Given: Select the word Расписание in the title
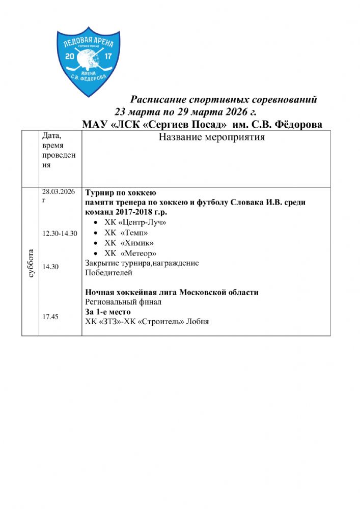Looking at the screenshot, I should pos(155,99).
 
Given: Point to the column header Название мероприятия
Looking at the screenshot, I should pos(211,137).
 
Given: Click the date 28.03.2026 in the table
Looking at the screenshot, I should pos(58,191).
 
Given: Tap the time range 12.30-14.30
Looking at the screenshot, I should pos(60,233).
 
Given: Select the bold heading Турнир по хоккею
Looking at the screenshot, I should pos(120,193).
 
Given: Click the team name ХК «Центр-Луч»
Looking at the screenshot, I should pos(135,222).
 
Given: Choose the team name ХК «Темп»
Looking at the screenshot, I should pos(126,233).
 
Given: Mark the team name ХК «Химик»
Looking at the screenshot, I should pos(129,243).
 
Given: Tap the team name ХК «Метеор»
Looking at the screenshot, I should pos(130,253).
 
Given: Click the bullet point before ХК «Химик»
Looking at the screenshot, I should pos(97,243).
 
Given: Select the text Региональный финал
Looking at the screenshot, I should pos(123,302).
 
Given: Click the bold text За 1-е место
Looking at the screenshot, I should pos(108,312).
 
